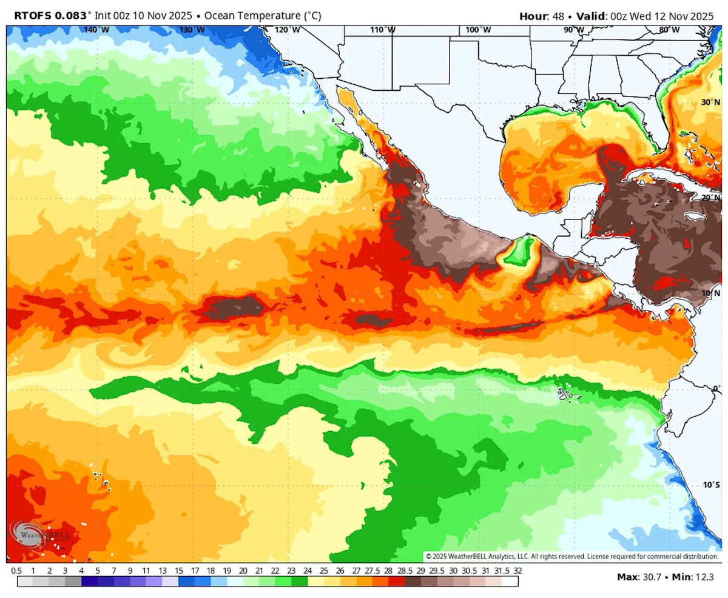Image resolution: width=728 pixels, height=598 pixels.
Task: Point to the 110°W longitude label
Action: click(x=383, y=30)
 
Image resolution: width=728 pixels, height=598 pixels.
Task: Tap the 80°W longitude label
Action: click(x=669, y=30)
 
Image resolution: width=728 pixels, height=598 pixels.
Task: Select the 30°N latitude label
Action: click(x=710, y=102)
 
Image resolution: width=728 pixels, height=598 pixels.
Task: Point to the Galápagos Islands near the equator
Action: click(x=567, y=395)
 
